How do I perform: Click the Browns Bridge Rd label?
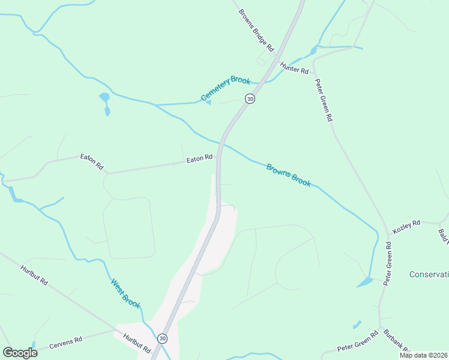pyautogui.click(x=256, y=29)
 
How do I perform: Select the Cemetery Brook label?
pyautogui.click(x=225, y=89)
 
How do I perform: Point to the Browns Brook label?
pyautogui.click(x=289, y=175)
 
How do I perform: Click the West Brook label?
pyautogui.click(x=125, y=293)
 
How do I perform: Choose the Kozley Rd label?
pyautogui.click(x=406, y=226)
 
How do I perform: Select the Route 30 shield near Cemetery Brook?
pyautogui.click(x=250, y=98)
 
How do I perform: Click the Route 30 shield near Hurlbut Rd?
pyautogui.click(x=163, y=339)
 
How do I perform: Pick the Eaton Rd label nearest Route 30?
pyautogui.click(x=199, y=159)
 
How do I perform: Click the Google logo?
pyautogui.click(x=20, y=352)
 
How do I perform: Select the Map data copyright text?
pyautogui.click(x=424, y=355)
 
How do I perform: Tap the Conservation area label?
pyautogui.click(x=429, y=274)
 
